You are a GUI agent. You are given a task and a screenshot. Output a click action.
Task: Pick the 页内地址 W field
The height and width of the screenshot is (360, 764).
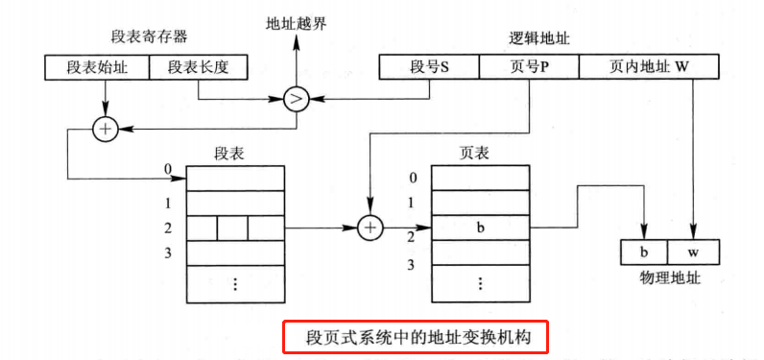point(649,67)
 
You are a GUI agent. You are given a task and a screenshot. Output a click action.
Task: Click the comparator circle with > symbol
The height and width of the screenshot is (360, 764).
point(295,98)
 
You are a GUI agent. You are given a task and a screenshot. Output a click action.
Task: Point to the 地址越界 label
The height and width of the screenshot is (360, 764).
point(296,22)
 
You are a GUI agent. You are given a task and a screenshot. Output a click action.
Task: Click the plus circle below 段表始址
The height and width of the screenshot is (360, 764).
point(104,129)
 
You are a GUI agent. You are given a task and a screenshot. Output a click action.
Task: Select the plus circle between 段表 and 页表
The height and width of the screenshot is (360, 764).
point(370,228)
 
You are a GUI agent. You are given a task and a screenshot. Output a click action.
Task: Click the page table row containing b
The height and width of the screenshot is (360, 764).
point(480,228)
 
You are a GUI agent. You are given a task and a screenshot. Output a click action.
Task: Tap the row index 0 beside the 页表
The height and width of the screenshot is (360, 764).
point(413,178)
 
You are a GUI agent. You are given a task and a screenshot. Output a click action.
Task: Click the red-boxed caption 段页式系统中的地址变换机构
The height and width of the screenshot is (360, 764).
point(415,336)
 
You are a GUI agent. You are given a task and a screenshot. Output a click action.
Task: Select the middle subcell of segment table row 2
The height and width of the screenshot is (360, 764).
point(232,228)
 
